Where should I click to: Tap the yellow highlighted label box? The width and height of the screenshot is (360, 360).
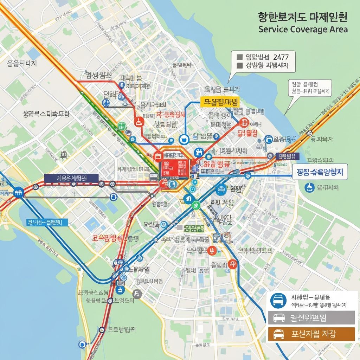click(219, 102)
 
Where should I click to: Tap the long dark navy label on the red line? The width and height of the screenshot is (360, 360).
click(71, 178)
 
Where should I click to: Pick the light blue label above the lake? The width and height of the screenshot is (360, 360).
click(47, 222)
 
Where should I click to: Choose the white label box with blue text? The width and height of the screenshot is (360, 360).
click(320, 172)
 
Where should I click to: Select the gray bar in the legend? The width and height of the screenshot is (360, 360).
click(311, 317)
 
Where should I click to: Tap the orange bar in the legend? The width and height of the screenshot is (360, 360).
click(311, 334)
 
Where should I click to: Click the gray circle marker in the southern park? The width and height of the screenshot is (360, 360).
click(137, 294)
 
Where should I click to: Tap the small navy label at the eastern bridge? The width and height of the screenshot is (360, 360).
click(287, 156)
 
